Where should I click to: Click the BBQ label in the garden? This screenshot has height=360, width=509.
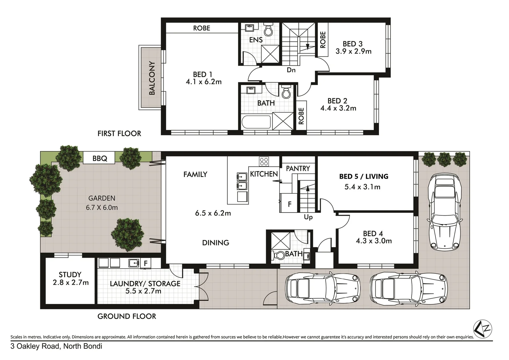100,158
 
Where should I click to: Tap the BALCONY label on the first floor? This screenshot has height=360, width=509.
152,78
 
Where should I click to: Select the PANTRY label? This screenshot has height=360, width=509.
298,168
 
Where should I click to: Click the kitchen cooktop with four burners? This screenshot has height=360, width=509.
264,162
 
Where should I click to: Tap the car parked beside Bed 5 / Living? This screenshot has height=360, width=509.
445,212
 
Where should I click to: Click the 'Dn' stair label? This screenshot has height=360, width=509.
291,70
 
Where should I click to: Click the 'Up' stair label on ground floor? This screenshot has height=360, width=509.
308,217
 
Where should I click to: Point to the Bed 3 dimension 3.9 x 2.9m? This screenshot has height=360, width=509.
353,51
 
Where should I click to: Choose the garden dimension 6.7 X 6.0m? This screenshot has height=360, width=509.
102,207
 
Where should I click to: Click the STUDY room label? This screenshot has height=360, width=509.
70,275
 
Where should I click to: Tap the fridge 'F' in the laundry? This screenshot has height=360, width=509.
145,263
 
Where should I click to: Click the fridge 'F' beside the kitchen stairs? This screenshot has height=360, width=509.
289,204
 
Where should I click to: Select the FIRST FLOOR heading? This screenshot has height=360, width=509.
119,133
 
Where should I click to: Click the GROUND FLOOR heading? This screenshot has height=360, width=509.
127,316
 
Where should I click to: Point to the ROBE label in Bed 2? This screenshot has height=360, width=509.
301,116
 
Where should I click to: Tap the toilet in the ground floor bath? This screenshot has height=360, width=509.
278,255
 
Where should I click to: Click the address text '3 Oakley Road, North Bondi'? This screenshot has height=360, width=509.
56,346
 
